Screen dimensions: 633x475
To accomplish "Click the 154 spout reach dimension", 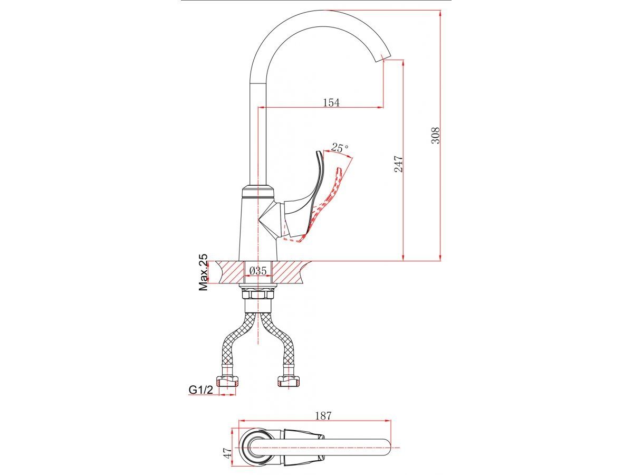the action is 331,102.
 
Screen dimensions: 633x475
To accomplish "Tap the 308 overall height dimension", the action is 436,135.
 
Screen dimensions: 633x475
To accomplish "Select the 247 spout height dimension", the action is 398,164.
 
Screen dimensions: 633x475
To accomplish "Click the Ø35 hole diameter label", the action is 258,271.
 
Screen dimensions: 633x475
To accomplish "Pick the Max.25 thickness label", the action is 203,272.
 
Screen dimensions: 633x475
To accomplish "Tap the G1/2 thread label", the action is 201,389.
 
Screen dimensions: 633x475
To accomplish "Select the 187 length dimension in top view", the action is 323,415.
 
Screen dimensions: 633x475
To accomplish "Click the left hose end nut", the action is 228,381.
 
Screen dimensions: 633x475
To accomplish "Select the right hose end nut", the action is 289,381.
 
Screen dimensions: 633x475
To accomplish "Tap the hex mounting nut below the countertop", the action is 258,295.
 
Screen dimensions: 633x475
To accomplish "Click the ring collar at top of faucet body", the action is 257,192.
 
